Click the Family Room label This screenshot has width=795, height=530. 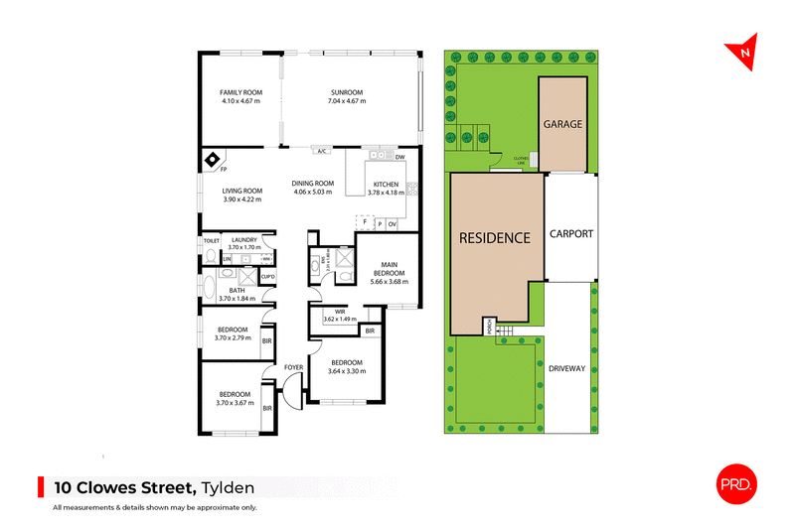click(x=239, y=93)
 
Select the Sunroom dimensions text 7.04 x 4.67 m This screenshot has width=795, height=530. click(x=348, y=101)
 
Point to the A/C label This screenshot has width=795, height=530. click(x=321, y=152)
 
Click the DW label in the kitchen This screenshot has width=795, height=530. click(x=399, y=158)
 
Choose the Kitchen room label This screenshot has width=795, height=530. click(x=386, y=185)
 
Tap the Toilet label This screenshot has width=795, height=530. click(x=210, y=240)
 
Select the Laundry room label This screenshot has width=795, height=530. click(x=243, y=240)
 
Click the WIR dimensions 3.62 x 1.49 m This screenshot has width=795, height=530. click(x=341, y=320)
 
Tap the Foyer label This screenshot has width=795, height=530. click(x=292, y=367)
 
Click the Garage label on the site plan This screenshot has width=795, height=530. click(x=562, y=124)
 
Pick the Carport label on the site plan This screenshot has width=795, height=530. click(x=570, y=234)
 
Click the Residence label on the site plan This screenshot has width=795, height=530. click(x=495, y=238)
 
